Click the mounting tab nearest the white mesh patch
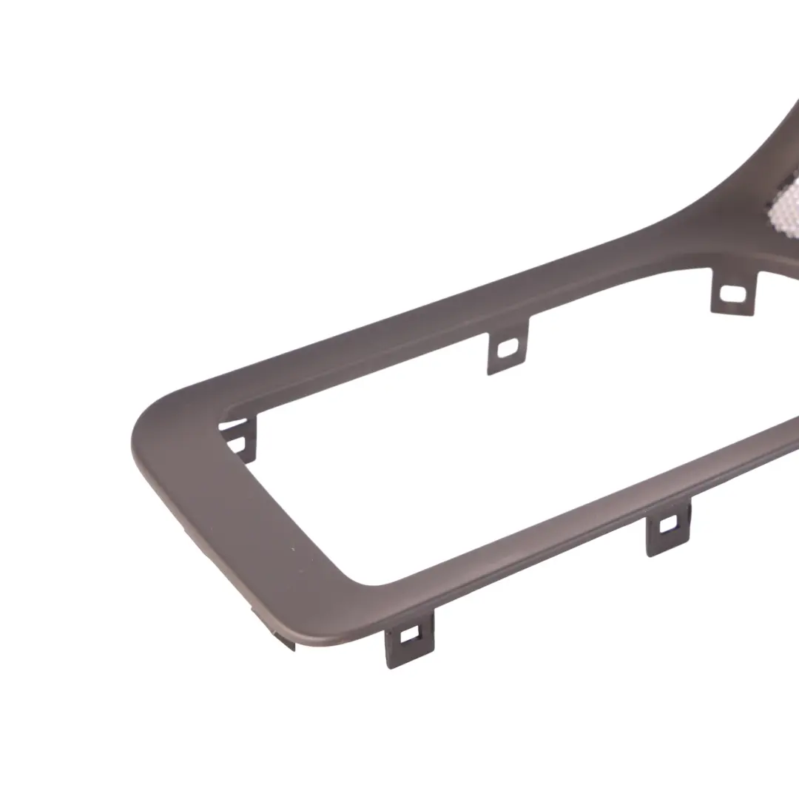click(734, 290)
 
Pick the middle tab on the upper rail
click(508, 345)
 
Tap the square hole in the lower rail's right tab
click(667, 524)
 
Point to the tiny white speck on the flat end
click(294, 548)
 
